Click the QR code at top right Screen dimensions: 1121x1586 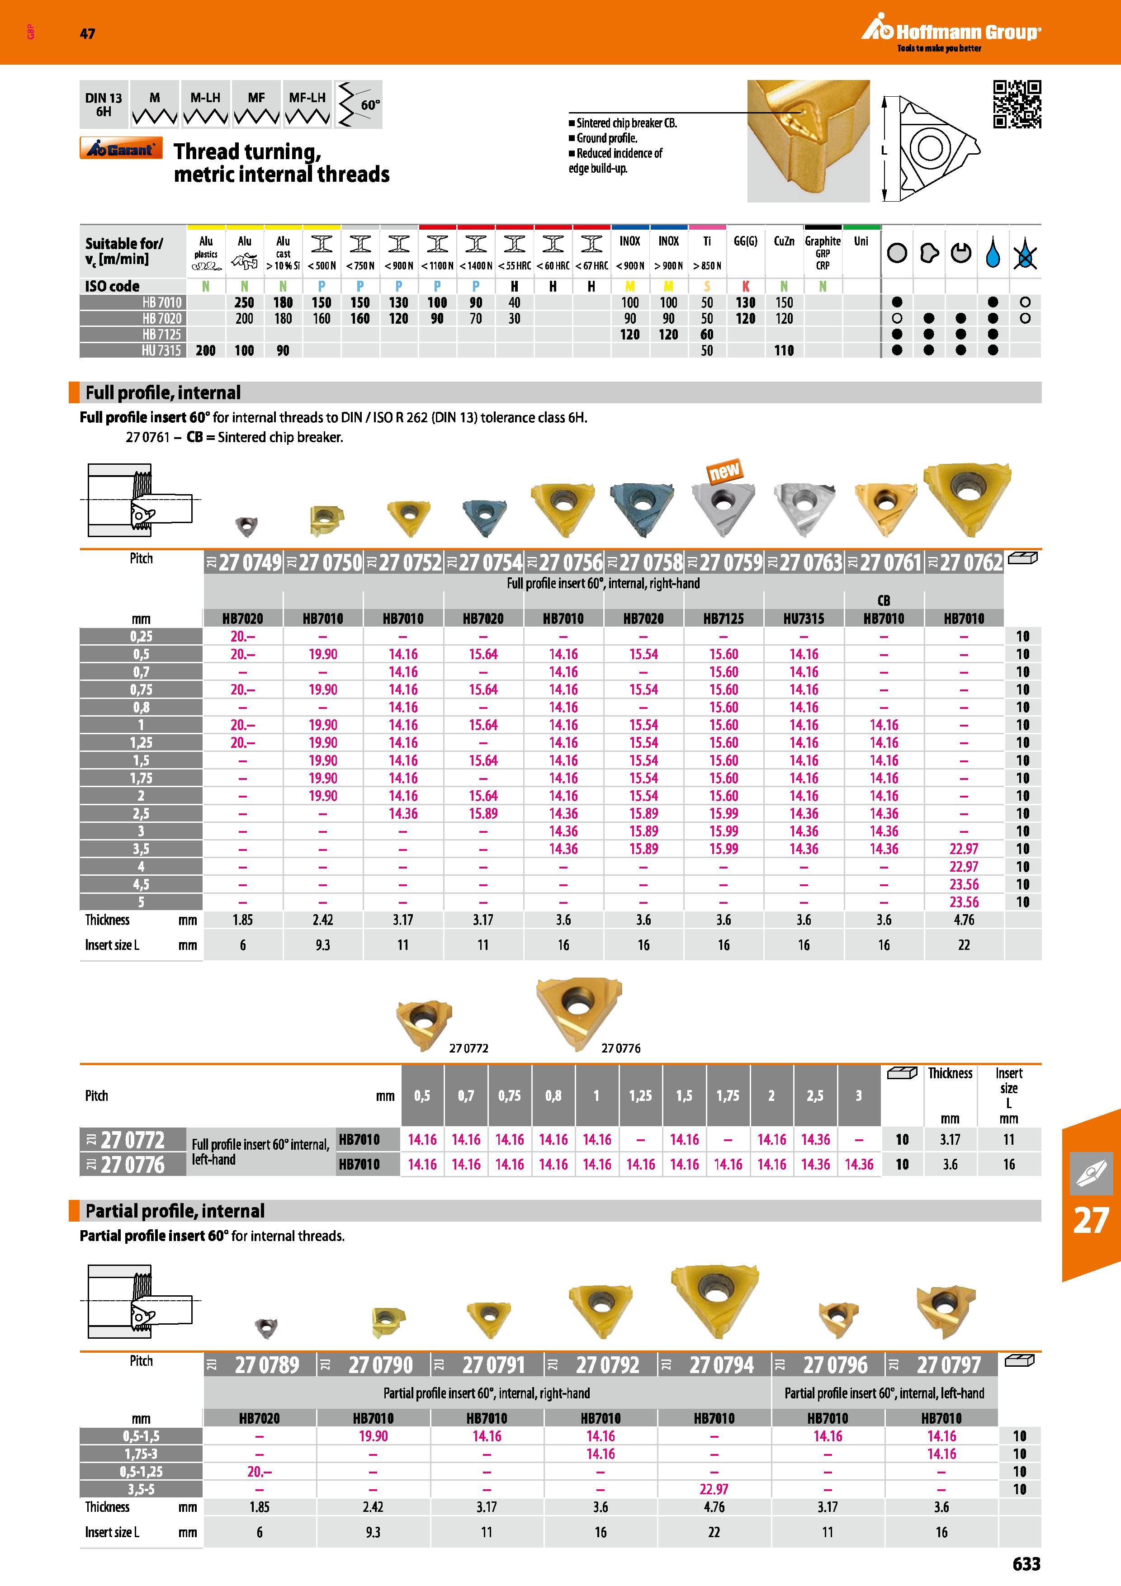pos(1017,104)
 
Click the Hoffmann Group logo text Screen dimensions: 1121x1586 pos(968,32)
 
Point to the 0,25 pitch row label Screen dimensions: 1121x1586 pos(141,636)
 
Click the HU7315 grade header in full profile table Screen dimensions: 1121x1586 pos(803,618)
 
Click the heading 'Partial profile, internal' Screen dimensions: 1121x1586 pos(175,1211)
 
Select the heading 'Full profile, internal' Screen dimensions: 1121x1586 pos(163,392)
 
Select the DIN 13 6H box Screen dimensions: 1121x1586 pos(104,104)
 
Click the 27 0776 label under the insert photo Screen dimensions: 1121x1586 pos(620,1048)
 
